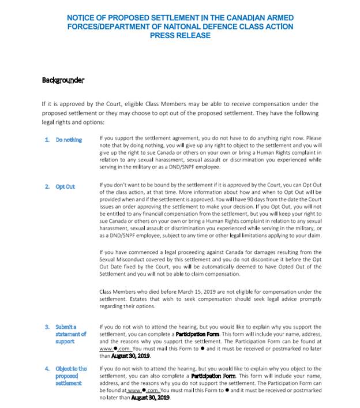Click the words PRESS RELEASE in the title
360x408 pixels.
click(x=180, y=35)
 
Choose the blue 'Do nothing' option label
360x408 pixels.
click(x=69, y=140)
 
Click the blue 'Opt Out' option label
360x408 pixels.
click(x=65, y=187)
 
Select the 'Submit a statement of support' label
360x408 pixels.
click(x=70, y=334)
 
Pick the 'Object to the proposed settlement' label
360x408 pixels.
click(x=71, y=375)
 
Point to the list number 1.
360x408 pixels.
click(x=47, y=140)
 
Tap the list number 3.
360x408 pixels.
click(x=47, y=327)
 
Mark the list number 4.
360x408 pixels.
click(x=47, y=368)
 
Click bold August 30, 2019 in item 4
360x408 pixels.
click(x=151, y=398)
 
